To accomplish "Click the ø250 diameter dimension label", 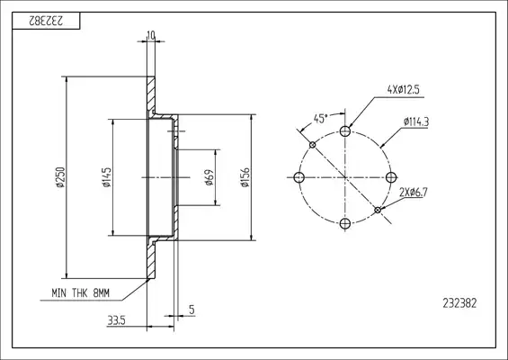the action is click(60, 177).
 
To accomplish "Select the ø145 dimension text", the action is click(107, 177).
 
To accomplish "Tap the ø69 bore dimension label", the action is click(209, 177).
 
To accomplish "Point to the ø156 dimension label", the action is click(245, 177).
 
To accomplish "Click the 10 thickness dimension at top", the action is click(151, 35).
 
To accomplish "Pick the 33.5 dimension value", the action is click(116, 320).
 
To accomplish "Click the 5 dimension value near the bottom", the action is click(192, 310).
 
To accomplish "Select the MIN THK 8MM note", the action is click(80, 293).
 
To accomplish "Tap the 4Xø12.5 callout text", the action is click(404, 89).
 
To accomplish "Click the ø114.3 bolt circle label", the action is click(416, 122).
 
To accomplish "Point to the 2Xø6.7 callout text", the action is click(414, 193).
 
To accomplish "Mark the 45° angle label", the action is click(320, 119).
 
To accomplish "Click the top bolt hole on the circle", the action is click(345, 131).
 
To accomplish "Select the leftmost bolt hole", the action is click(299, 177).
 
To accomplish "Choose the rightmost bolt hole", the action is click(391, 177).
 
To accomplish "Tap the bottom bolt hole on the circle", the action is click(345, 223).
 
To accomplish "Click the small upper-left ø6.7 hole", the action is click(312, 145).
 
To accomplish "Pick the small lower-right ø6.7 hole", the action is click(378, 210).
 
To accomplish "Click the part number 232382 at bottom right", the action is click(459, 303).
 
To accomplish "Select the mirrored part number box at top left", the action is click(46, 21).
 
